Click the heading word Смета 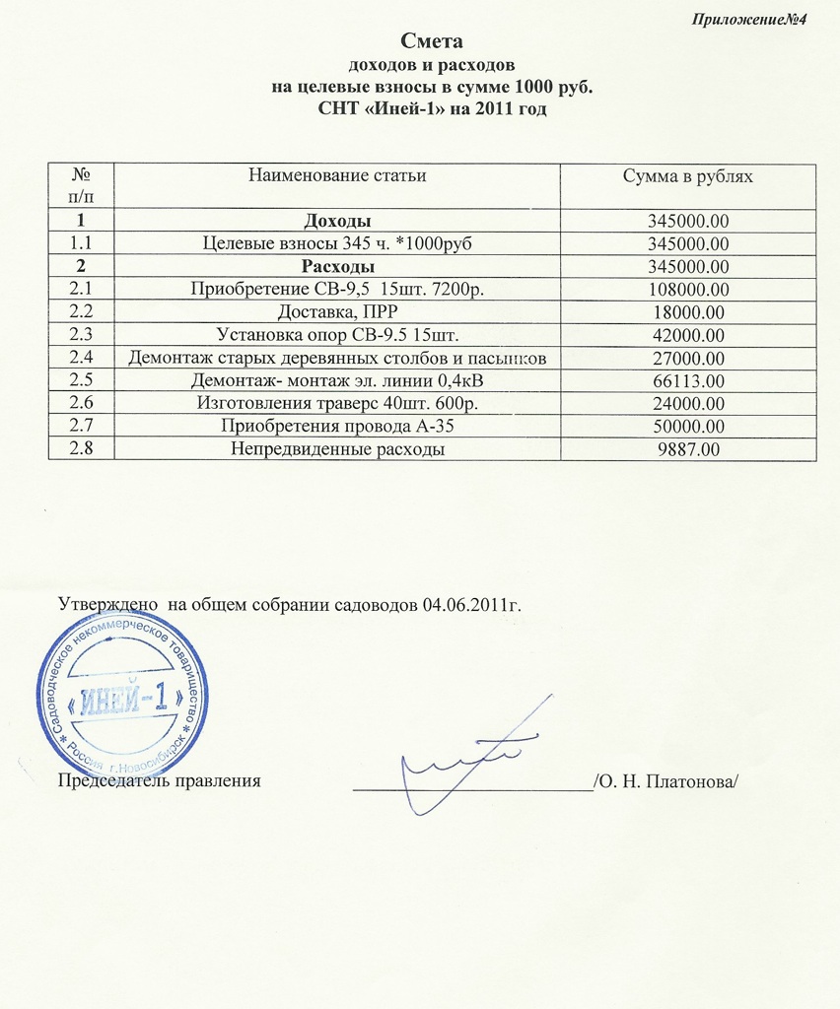click(432, 42)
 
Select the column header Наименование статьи click(337, 176)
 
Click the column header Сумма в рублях click(688, 176)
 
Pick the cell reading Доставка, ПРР click(337, 312)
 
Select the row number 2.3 click(82, 334)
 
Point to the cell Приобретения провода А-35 click(337, 426)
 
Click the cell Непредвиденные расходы click(337, 448)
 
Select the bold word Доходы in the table click(337, 219)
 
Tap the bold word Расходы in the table click(337, 266)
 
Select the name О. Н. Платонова click(665, 782)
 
